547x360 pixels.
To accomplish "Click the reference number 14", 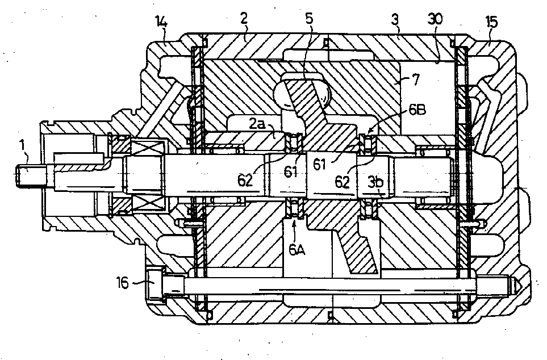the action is click(x=161, y=23).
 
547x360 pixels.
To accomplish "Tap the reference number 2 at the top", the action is click(x=244, y=19).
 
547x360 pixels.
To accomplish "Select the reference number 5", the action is click(x=310, y=19).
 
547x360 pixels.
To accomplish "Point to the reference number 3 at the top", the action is click(x=395, y=19).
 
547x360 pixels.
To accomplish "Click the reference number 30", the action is click(x=435, y=19).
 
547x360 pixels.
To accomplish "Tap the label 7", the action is click(x=415, y=80).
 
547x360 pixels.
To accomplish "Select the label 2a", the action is click(x=257, y=123).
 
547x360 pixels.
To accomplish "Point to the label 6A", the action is click(x=297, y=250).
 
